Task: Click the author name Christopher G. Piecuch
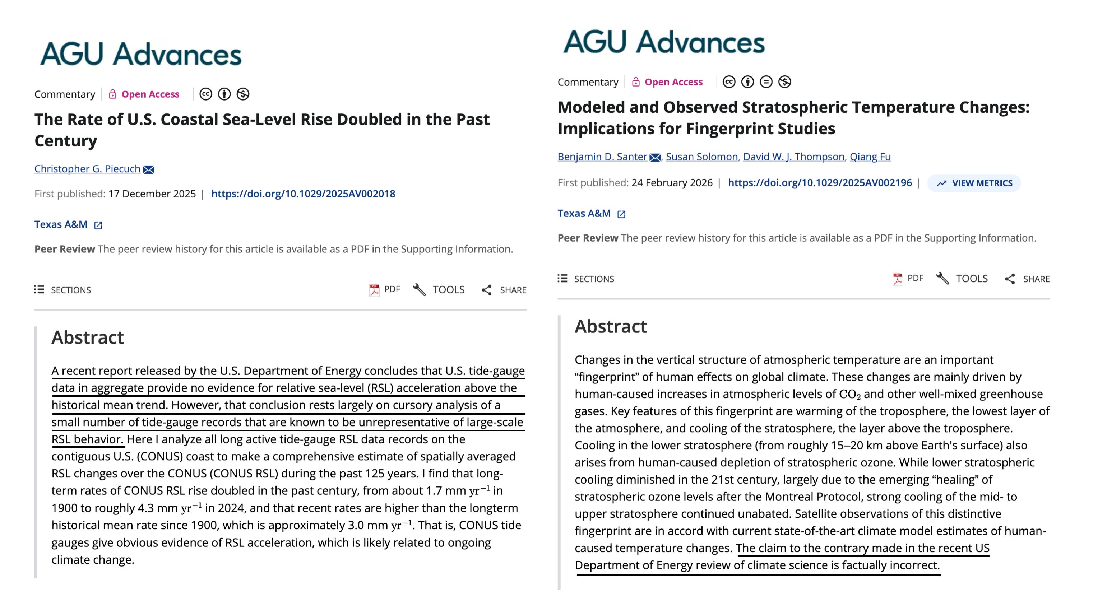pyautogui.click(x=87, y=169)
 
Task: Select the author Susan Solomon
pyautogui.click(x=701, y=157)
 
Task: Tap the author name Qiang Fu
pyautogui.click(x=870, y=157)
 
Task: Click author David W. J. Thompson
pyautogui.click(x=793, y=157)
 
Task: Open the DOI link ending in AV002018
pyautogui.click(x=303, y=194)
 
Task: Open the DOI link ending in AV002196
pyautogui.click(x=820, y=183)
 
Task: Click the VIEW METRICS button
pyautogui.click(x=974, y=183)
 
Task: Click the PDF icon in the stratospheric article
pyautogui.click(x=897, y=279)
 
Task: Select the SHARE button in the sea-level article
pyautogui.click(x=504, y=290)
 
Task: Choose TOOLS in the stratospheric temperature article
pyautogui.click(x=962, y=279)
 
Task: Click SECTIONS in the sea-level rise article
pyautogui.click(x=63, y=290)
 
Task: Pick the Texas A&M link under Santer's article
pyautogui.click(x=584, y=214)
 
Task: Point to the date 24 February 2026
pyautogui.click(x=672, y=183)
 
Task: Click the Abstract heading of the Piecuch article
pyautogui.click(x=88, y=337)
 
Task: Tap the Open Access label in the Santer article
pyautogui.click(x=673, y=82)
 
